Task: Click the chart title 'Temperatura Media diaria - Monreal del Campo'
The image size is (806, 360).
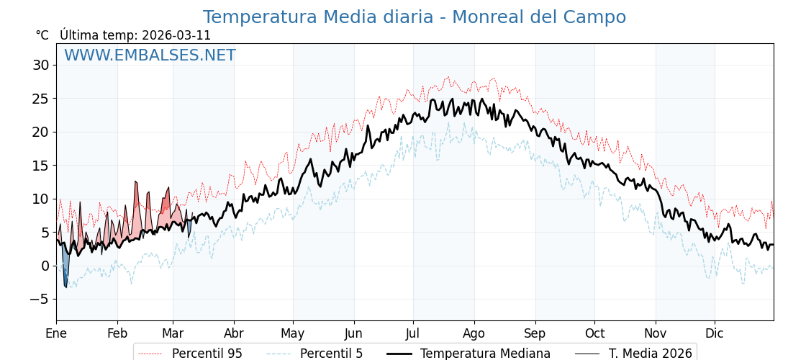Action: coord(414,17)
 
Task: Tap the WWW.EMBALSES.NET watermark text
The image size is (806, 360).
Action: coord(150,55)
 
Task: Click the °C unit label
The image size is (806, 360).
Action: coord(42,35)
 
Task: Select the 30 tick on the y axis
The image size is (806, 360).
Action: coord(40,66)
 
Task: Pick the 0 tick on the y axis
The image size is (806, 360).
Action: coord(45,266)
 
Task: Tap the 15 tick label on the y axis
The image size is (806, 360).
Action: coord(40,166)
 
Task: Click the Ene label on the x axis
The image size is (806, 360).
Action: coord(56,333)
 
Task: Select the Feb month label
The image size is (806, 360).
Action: coord(117,333)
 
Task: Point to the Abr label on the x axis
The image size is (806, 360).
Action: coord(234,333)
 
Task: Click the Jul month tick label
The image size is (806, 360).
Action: coord(413,333)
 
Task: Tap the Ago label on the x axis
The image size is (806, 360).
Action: coord(474,333)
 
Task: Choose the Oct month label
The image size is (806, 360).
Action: coord(594,333)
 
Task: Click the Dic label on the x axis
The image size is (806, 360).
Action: coord(715,333)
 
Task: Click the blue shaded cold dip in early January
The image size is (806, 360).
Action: coord(65,270)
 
